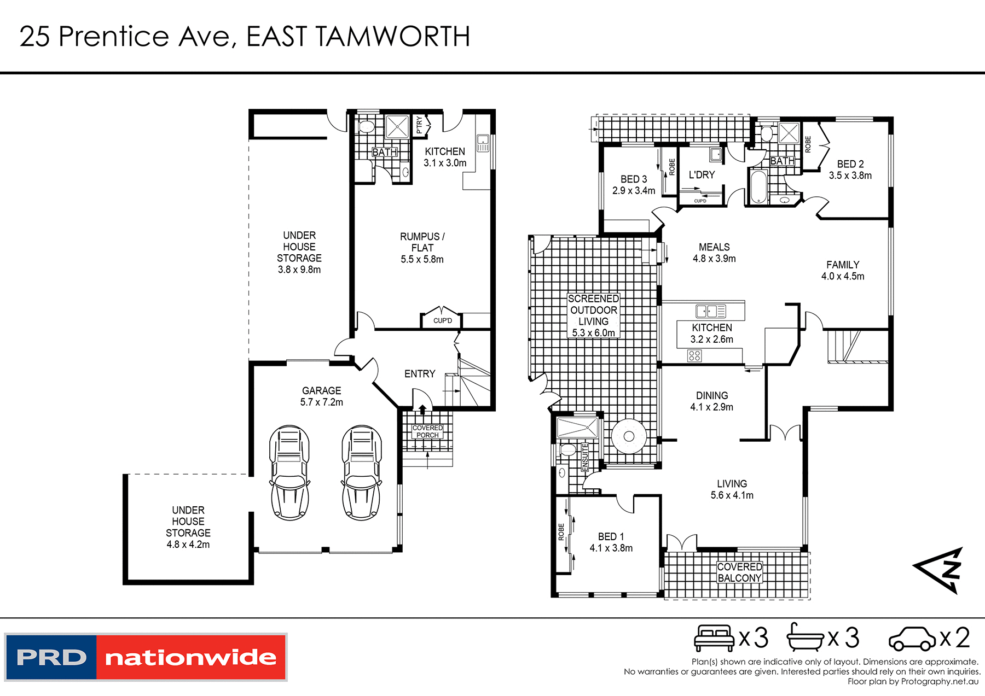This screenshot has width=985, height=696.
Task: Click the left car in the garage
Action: coord(289,473)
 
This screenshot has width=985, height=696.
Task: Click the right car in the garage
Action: coord(361,473)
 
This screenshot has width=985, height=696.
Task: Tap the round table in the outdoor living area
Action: coord(629,436)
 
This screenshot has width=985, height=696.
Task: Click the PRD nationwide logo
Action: coord(146,657)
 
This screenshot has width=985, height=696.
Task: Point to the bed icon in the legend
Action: coord(714,637)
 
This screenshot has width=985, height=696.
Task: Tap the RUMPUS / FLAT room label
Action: coord(422,242)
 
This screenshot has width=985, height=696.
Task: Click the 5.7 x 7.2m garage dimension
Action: coord(322,402)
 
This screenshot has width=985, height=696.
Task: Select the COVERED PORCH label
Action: coord(427,431)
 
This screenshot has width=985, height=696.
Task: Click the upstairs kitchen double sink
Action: coord(710,312)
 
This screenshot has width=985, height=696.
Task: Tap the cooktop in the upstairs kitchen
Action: coord(694,356)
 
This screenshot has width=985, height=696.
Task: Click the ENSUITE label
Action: coord(585,457)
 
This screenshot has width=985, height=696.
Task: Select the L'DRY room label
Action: coord(702,175)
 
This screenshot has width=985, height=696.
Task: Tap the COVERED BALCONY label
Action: coord(739,572)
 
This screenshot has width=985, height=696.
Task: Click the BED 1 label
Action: coord(611,536)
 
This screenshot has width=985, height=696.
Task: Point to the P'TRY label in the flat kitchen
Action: coord(419,125)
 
